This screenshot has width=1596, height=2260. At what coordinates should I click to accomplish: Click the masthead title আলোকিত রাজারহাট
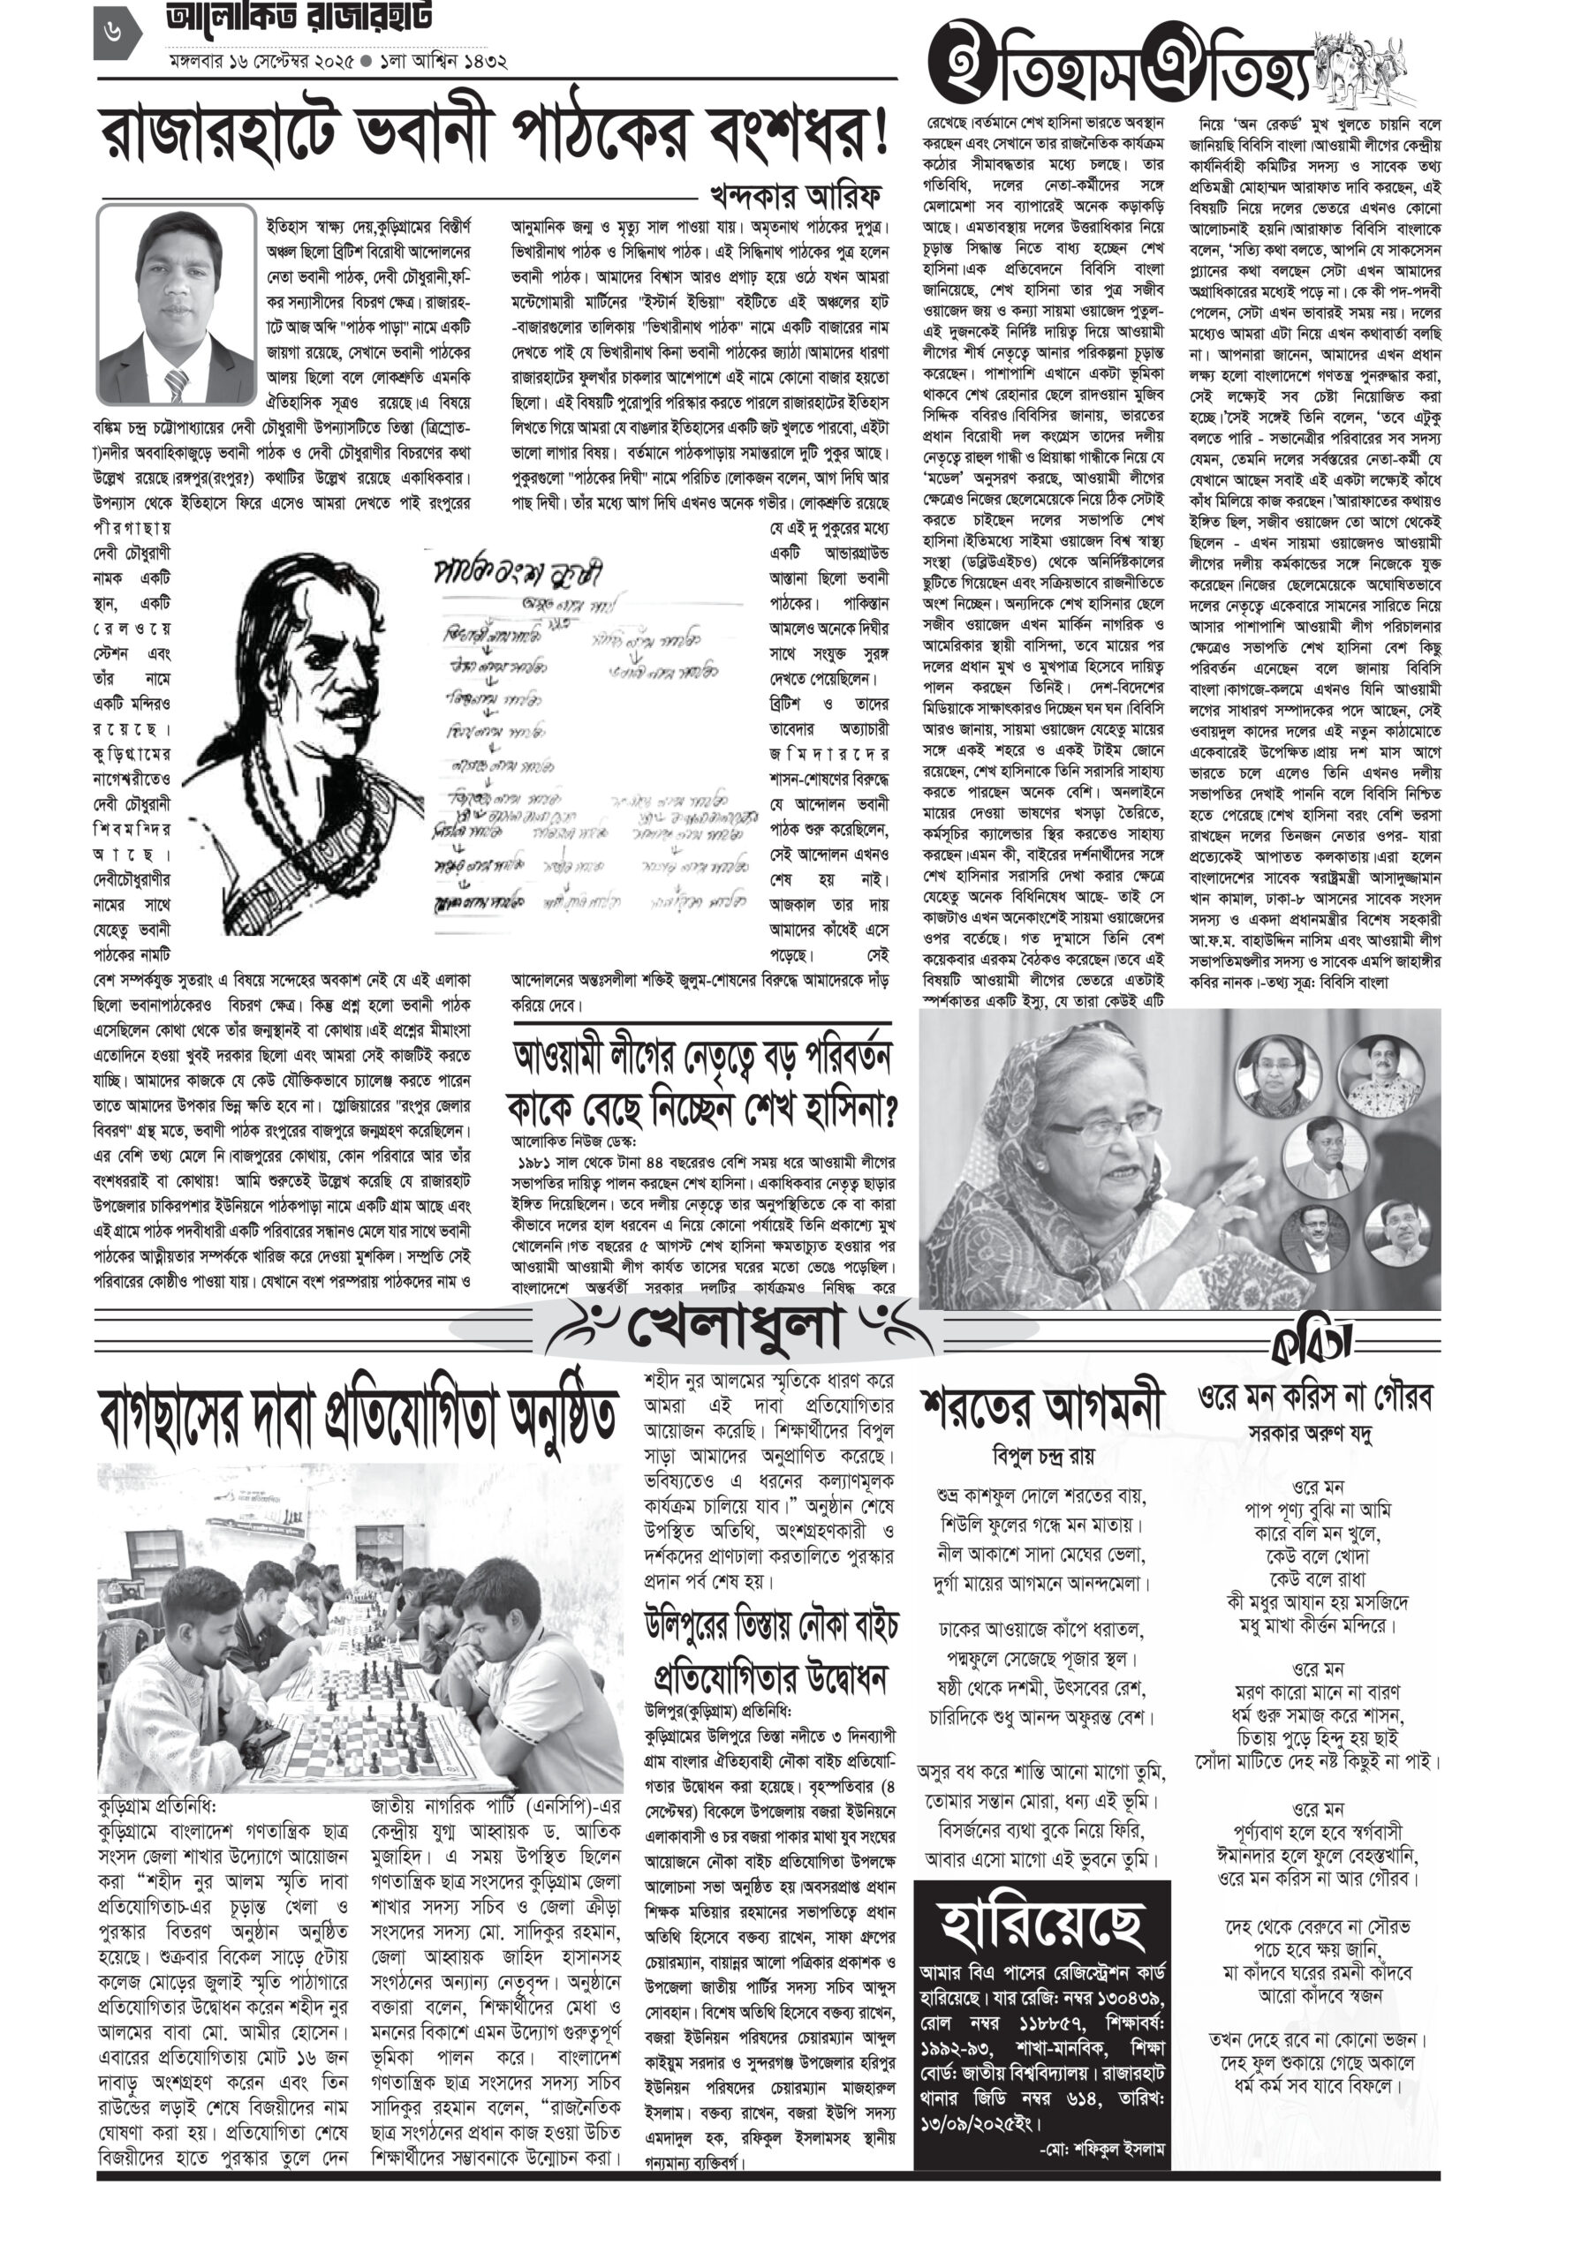click(x=299, y=19)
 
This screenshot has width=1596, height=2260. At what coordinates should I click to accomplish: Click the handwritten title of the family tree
click(x=517, y=573)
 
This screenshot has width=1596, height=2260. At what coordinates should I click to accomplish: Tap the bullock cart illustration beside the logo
click(x=1363, y=69)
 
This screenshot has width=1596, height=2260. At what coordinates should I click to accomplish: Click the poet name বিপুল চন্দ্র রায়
click(x=1043, y=1456)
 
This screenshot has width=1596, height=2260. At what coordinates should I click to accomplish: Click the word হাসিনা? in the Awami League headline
click(x=834, y=1111)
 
